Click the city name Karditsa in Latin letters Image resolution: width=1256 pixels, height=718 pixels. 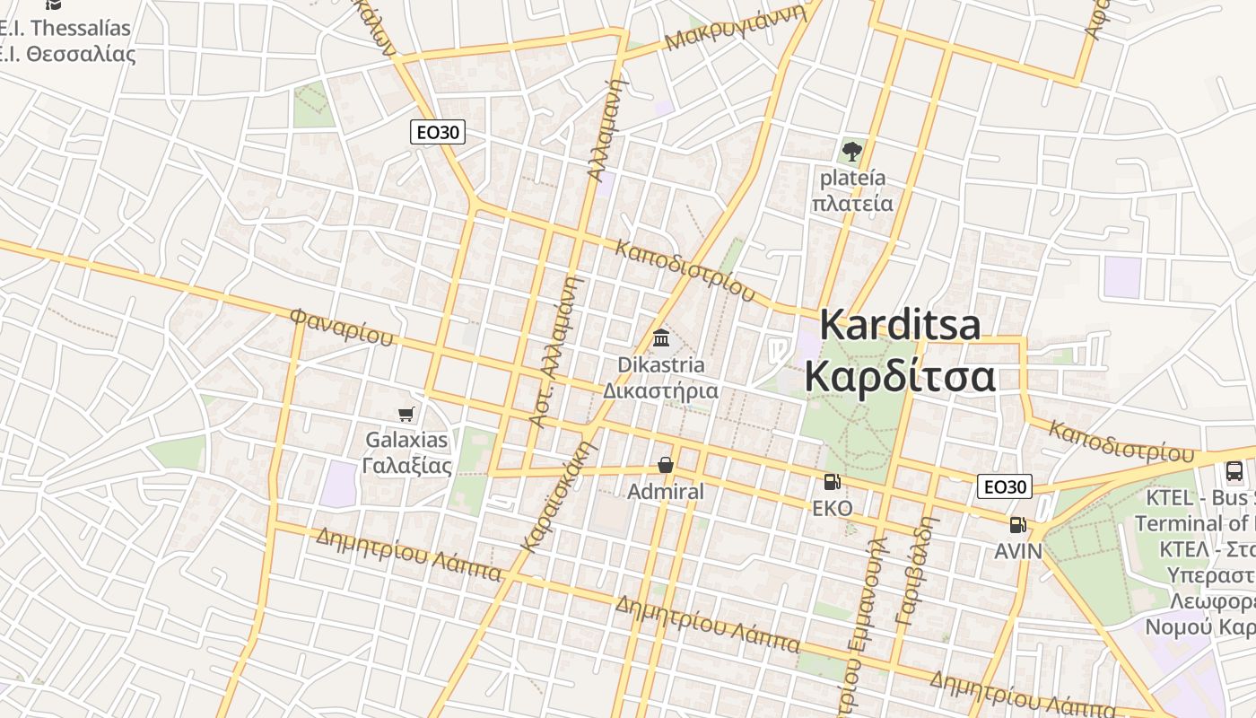900,325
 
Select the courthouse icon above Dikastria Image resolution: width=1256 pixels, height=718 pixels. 662,338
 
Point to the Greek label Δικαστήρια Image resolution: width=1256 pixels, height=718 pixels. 660,391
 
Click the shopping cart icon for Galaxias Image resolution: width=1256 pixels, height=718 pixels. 406,414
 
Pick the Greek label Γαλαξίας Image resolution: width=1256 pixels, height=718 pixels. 406,466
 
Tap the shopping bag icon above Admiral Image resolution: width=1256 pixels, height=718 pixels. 666,465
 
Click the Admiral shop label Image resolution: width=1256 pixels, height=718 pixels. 666,492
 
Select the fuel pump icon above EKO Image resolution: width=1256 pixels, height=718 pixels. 832,482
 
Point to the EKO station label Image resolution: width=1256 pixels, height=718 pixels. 832,509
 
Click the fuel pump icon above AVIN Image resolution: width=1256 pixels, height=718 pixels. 1017,525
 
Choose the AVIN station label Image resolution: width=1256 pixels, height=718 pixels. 1018,551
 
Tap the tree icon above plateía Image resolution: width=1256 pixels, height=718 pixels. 852,151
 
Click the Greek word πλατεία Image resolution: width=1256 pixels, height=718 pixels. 852,204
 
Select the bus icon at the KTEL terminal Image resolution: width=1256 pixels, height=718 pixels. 1234,470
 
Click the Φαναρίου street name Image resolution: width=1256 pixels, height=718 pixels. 342,328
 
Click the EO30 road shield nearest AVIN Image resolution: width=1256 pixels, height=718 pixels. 1005,487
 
